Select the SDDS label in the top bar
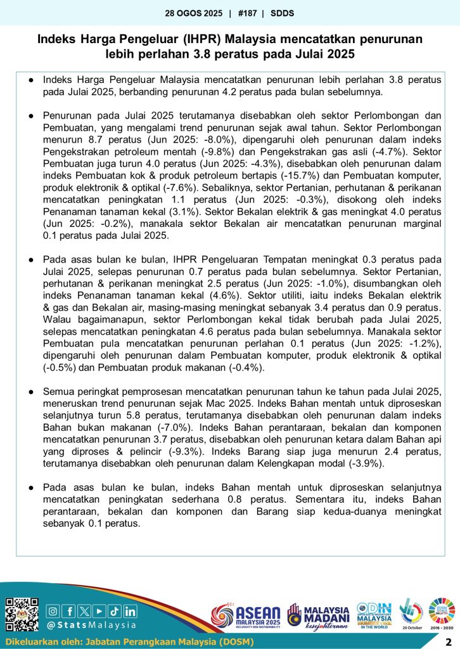coord(282,13)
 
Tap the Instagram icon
coord(53,611)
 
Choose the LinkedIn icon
coord(130,611)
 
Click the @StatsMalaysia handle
coord(93,625)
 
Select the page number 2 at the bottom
coord(448,641)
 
